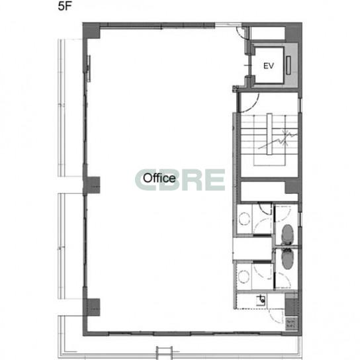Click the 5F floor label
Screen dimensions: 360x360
(65, 6)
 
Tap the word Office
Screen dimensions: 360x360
(159, 178)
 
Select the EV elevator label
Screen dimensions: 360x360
(269, 66)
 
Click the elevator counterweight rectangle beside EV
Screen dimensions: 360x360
(289, 66)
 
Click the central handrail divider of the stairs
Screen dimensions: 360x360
(269, 134)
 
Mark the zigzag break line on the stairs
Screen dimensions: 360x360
(278, 140)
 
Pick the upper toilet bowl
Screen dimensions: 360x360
(287, 234)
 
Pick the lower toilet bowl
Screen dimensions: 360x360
(287, 259)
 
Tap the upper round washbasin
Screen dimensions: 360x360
(244, 218)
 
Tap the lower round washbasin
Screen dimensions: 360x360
(244, 277)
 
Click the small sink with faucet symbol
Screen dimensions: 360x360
(261, 300)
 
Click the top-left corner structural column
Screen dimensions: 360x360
(91, 30)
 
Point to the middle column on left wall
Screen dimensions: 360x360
(91, 185)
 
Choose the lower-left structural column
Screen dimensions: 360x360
(91, 307)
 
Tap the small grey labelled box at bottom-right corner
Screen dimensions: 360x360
(291, 324)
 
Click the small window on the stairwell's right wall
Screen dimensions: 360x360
(300, 105)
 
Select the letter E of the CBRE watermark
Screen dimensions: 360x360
(215, 180)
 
